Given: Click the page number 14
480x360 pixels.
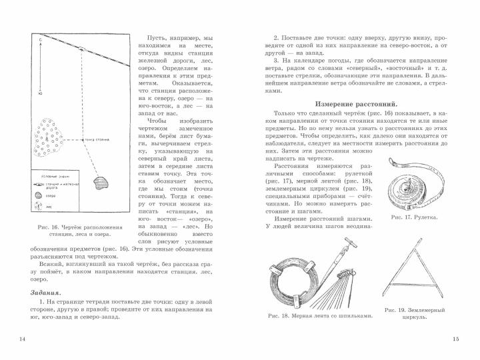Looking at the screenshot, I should click(23, 340).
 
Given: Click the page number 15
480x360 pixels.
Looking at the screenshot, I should click(455, 340).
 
